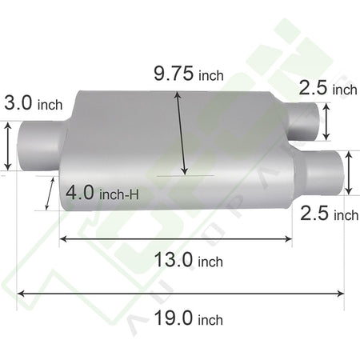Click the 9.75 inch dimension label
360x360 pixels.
(189, 74)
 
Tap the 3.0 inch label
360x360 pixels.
(34, 103)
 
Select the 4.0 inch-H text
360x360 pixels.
(102, 193)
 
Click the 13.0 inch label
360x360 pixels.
(189, 260)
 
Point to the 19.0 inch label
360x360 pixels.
(189, 318)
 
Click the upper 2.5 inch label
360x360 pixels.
(328, 88)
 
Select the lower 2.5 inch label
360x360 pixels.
(330, 214)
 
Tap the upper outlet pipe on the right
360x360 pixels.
(302, 122)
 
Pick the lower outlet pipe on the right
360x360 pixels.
(318, 173)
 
